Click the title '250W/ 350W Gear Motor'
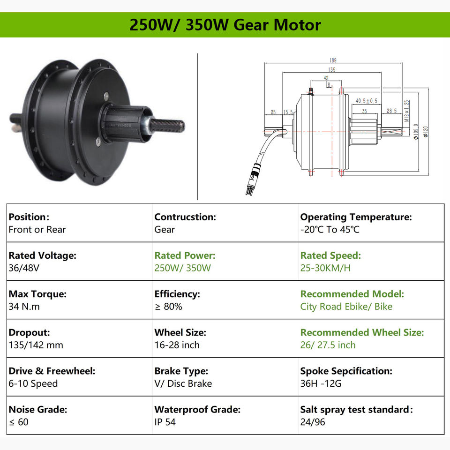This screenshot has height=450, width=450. [x=225, y=24]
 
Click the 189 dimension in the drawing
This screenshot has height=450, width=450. [x=333, y=60]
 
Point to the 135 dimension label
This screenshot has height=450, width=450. [x=331, y=70]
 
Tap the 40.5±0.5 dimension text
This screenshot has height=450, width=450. [x=367, y=101]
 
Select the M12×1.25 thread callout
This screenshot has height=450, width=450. [x=407, y=111]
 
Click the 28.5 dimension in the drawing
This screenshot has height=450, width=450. [x=391, y=111]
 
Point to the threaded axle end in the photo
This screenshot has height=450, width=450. [x=167, y=125]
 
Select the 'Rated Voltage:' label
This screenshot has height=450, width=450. [x=42, y=255]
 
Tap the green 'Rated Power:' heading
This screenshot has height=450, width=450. [x=185, y=255]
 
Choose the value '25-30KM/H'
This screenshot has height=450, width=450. [x=325, y=268]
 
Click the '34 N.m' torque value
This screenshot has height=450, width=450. [x=24, y=307]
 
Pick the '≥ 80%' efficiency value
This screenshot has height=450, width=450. [x=168, y=307]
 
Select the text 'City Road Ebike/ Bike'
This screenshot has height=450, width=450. [x=346, y=307]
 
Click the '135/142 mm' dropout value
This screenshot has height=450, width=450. [x=36, y=345]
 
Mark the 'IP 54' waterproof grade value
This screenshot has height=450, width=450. [x=165, y=422]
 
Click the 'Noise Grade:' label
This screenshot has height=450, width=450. [x=38, y=409]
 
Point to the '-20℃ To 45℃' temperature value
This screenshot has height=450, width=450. [x=330, y=230]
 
